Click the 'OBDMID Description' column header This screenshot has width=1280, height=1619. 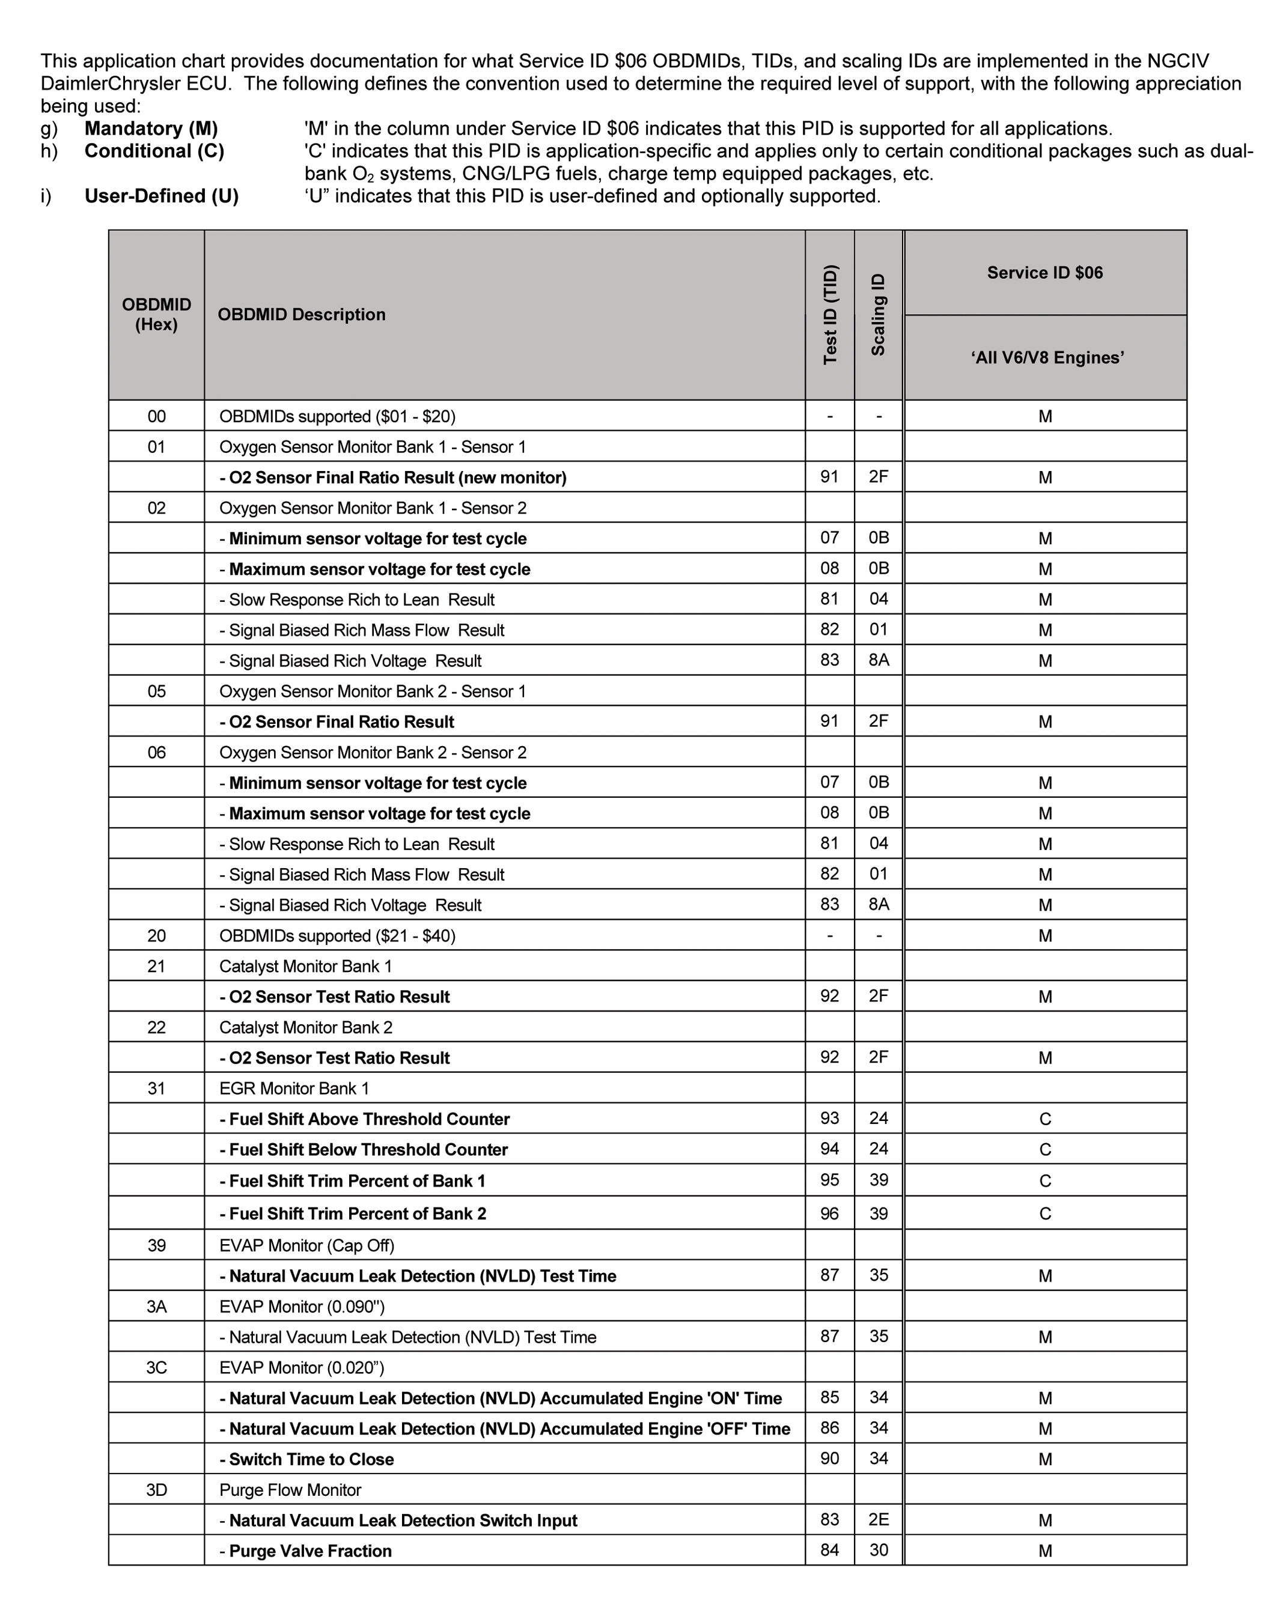point(301,315)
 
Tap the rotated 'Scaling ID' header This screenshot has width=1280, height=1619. point(879,315)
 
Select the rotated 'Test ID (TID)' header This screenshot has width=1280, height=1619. point(830,315)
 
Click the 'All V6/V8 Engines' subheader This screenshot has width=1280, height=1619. point(1047,358)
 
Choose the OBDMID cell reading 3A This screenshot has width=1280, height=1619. point(157,1307)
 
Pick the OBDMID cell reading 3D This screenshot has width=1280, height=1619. point(157,1490)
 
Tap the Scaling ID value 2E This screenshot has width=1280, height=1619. point(879,1520)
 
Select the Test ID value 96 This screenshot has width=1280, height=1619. point(830,1213)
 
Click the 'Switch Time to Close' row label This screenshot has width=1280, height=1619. point(306,1459)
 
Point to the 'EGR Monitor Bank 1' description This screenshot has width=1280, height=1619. point(294,1089)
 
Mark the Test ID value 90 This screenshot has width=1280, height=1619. point(830,1459)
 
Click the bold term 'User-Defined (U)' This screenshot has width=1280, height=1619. point(161,196)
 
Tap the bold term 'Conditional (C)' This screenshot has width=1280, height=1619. point(154,151)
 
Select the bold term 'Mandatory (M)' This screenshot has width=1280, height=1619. point(151,129)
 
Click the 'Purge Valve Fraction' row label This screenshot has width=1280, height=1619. point(306,1551)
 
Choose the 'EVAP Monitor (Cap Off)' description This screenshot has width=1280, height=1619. point(306,1245)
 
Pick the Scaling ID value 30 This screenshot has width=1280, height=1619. point(879,1550)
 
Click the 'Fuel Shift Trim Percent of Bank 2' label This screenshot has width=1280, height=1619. point(353,1213)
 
